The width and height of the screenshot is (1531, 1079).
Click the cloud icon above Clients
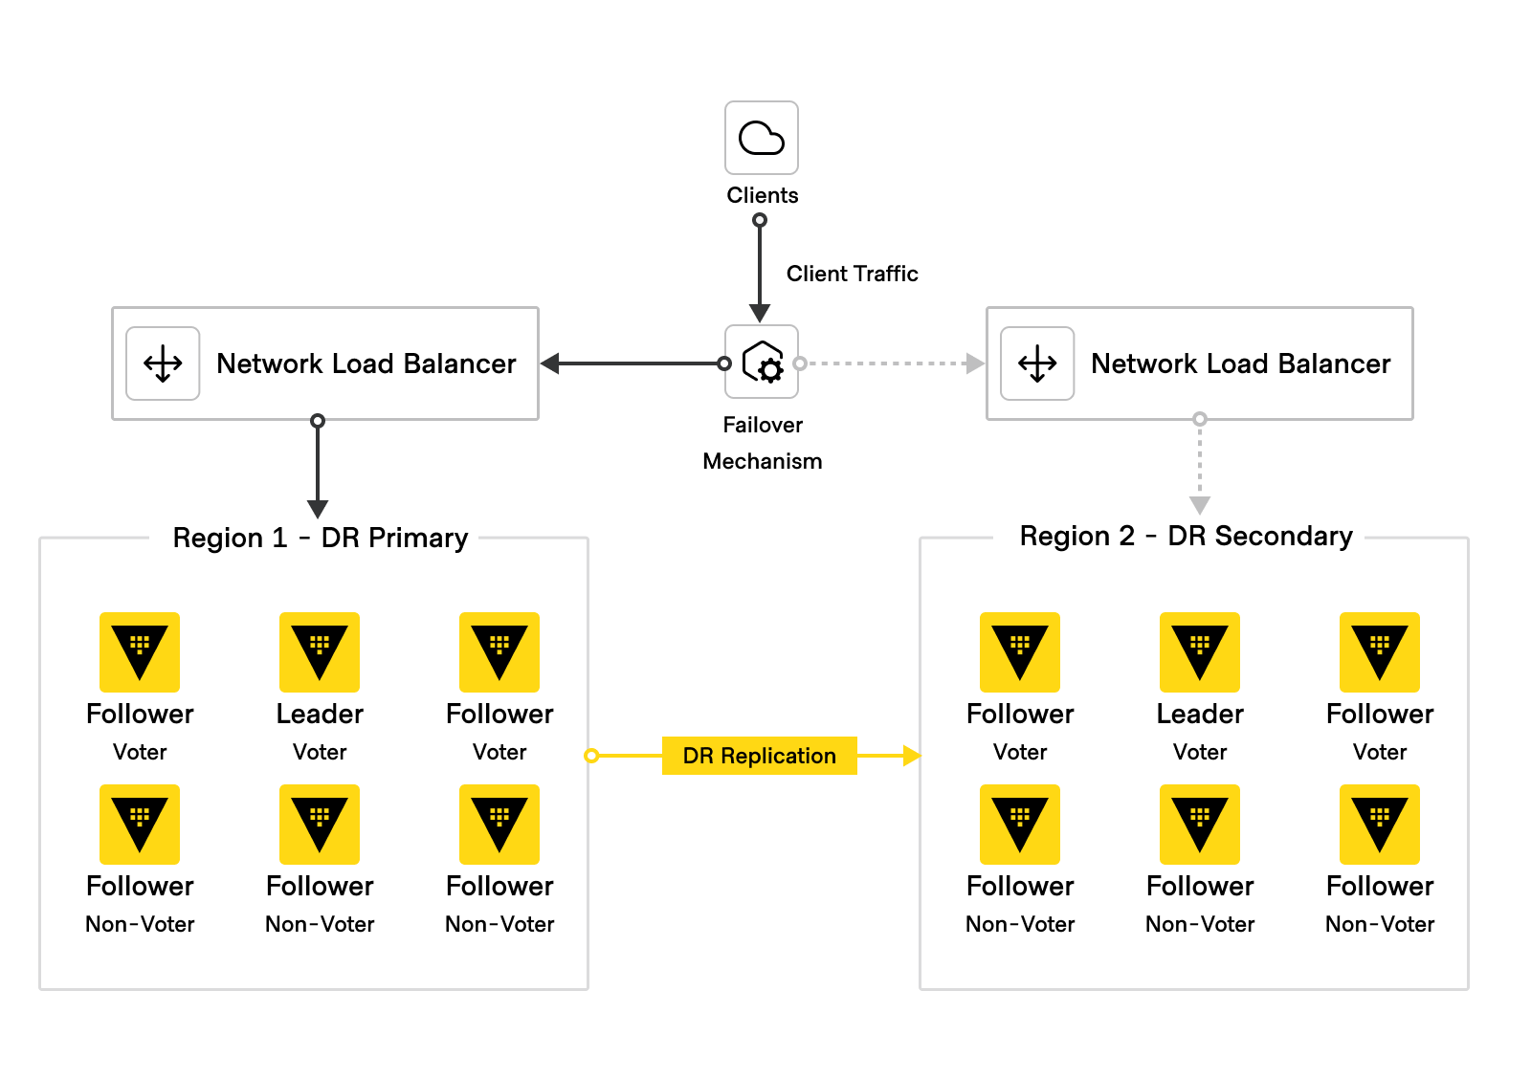point(762,138)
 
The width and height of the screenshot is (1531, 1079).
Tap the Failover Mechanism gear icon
point(763,363)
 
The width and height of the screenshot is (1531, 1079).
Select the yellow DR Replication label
point(759,756)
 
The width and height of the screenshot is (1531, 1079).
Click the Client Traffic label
point(852,274)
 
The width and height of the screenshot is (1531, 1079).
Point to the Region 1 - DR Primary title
point(320,538)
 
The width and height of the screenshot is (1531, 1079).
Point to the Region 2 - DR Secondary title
point(1186,536)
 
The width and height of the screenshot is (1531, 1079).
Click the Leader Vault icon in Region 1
point(320,652)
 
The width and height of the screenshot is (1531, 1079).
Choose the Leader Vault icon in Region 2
point(1200,652)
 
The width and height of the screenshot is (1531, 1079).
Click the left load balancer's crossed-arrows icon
point(164,363)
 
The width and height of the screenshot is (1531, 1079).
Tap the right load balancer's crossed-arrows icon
point(1037,363)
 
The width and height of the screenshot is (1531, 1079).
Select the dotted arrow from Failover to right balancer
point(890,363)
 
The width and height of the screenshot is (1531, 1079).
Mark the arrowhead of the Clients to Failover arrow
point(760,313)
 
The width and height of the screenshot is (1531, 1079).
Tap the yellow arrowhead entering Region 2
point(911,756)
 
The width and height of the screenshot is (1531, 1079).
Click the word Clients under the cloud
point(762,195)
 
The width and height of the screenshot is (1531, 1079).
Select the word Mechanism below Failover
point(762,461)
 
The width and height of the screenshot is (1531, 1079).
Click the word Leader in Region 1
point(320,714)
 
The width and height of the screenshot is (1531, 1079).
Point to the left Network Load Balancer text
point(366,363)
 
